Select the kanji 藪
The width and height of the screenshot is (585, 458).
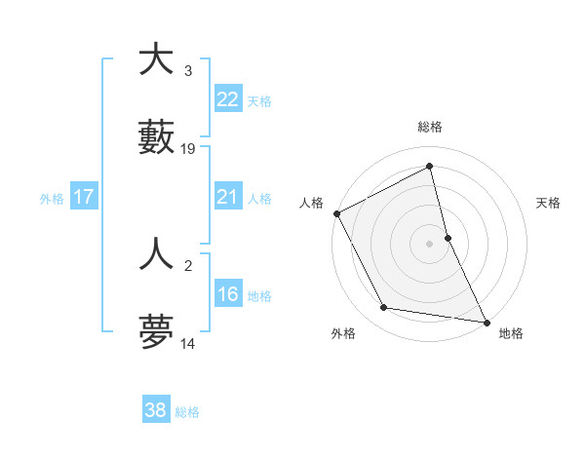156,137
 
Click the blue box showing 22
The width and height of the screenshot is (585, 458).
227,99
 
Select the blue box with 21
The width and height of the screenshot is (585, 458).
227,197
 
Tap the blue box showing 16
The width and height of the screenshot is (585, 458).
227,294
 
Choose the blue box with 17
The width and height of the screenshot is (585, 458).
83,197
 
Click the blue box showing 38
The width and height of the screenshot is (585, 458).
155,410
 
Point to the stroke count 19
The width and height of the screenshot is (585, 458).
188,149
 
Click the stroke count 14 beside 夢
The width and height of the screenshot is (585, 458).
188,344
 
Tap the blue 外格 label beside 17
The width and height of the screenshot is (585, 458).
52,199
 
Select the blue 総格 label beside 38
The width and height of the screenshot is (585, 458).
187,412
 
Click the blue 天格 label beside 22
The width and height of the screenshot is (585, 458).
259,101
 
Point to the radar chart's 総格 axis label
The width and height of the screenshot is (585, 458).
430,127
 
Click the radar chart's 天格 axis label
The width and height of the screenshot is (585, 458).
549,203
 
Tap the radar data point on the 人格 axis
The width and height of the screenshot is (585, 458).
336,213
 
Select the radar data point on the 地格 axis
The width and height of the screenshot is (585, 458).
486,321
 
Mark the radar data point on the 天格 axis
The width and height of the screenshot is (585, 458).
448,238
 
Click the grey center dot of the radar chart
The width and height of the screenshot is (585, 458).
430,244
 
